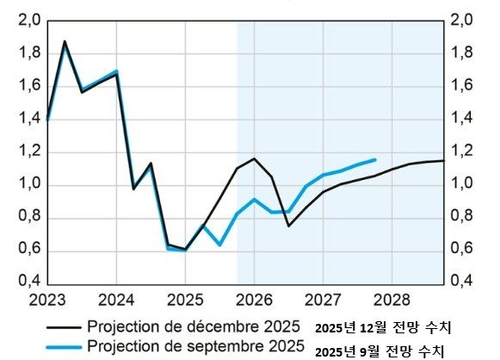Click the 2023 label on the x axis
(x=46, y=300)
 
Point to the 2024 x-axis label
(x=116, y=300)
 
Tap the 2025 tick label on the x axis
(x=185, y=300)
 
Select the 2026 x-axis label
(x=254, y=300)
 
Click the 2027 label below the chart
(x=323, y=300)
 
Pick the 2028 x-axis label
(x=392, y=300)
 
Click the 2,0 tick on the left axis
(x=29, y=22)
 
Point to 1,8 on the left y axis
(x=29, y=53)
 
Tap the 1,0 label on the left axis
(x=29, y=184)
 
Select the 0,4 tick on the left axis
(x=29, y=282)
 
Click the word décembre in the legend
(x=212, y=326)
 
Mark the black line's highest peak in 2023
(x=65, y=41)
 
